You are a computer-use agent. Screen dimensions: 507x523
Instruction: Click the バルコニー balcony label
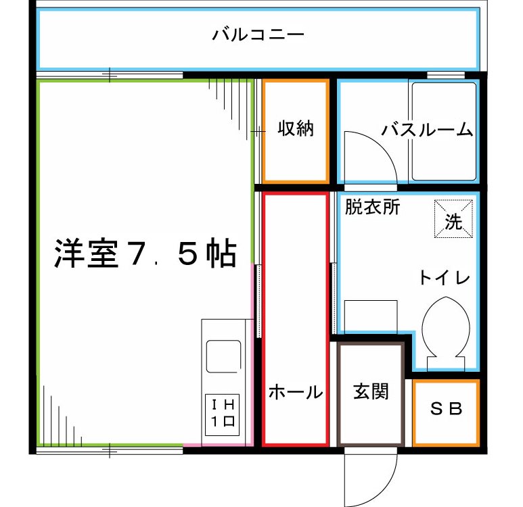click(258, 34)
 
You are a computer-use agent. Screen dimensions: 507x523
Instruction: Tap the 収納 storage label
click(296, 128)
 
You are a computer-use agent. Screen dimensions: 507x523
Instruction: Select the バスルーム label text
click(426, 130)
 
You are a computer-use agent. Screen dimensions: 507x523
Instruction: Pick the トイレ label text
click(444, 277)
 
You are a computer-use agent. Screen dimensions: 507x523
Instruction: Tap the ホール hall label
click(295, 391)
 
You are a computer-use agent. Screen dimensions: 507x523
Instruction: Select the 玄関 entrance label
click(371, 391)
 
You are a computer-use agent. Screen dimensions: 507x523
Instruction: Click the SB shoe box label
click(447, 409)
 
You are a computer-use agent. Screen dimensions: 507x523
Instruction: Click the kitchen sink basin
click(223, 356)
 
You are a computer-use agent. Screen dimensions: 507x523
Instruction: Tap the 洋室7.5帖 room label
click(145, 255)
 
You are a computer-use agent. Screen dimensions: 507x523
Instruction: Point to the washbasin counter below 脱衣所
click(370, 316)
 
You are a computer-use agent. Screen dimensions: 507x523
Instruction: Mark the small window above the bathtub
click(445, 74)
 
